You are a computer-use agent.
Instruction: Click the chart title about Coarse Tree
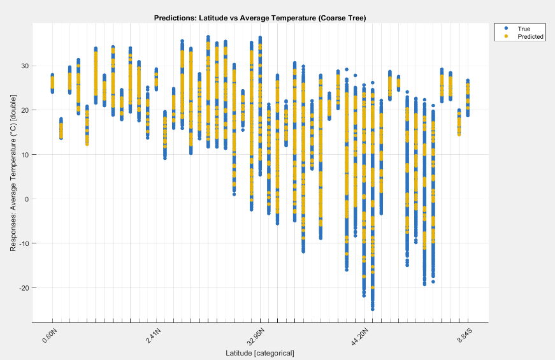[x=260, y=18]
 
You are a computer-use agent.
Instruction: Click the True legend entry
[x=524, y=29]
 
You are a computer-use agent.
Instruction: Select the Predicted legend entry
[x=530, y=37]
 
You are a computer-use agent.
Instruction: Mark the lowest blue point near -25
[x=372, y=309]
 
